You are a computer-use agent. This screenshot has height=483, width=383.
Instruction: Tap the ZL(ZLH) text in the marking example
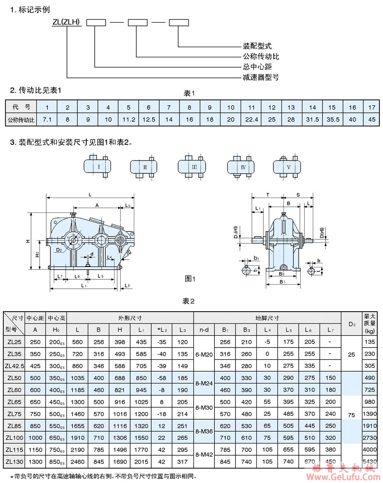[x=67, y=23]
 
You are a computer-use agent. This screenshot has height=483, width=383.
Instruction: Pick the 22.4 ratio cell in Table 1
[x=252, y=119]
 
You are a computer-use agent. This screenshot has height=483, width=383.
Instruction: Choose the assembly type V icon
[x=288, y=166]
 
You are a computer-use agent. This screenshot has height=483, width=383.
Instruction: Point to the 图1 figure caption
[x=190, y=279]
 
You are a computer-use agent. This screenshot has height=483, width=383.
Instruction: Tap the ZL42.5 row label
[x=14, y=366]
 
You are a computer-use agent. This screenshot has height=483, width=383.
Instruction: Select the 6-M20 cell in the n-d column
[x=204, y=354]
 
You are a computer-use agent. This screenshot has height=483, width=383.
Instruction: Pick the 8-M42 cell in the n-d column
[x=204, y=454]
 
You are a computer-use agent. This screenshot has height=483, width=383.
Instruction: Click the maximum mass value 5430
[x=370, y=460]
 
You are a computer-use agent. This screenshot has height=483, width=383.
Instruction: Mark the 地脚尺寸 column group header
[x=267, y=318]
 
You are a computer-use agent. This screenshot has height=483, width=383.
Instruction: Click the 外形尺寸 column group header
[x=130, y=318]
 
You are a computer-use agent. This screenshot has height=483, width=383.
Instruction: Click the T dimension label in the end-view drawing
[x=268, y=194]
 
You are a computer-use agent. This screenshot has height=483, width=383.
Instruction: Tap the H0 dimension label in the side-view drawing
[x=36, y=255]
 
